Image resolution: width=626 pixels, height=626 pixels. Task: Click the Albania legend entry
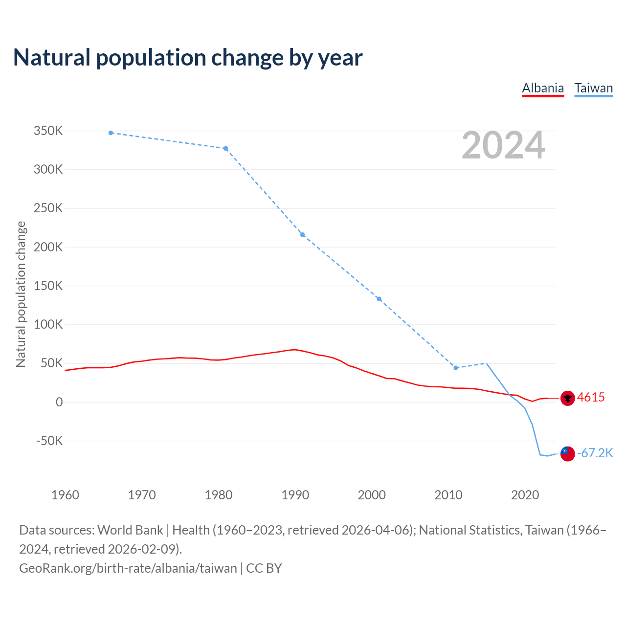[543, 88]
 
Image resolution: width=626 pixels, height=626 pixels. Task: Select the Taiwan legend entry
[593, 88]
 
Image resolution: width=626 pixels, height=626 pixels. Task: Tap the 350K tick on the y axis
[48, 131]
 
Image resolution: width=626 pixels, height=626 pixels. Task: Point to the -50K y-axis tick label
[49, 441]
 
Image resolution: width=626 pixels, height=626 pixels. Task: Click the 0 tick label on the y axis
[59, 402]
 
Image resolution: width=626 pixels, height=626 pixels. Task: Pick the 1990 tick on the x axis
[295, 495]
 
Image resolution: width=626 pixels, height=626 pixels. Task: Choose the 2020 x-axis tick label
[525, 495]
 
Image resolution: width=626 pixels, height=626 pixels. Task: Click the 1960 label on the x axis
[65, 495]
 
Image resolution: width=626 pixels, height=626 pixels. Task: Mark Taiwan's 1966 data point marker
[111, 133]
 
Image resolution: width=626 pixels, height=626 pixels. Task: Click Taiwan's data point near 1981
[225, 149]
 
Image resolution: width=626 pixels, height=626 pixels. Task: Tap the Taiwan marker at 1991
[303, 235]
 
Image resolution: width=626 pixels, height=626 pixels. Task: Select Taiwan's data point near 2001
[379, 299]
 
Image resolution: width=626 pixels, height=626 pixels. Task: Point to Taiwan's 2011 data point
[456, 368]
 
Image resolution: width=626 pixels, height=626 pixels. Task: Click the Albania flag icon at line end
[567, 398]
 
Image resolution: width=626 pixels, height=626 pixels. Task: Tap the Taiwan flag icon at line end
[567, 454]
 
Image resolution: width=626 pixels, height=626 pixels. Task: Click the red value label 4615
[591, 398]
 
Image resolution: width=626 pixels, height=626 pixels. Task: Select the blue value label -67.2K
[595, 453]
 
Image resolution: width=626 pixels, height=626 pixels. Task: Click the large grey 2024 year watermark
[503, 145]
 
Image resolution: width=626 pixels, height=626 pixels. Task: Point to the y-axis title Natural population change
[21, 294]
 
